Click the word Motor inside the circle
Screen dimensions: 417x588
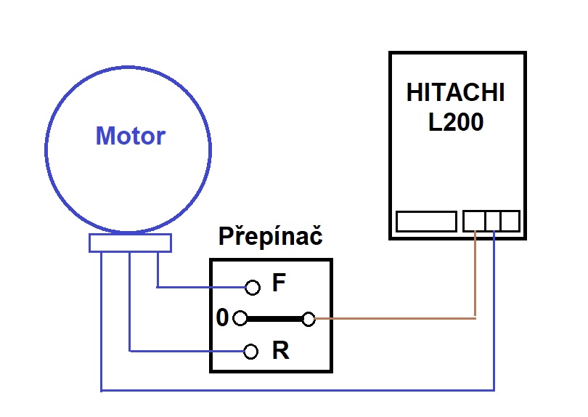pyautogui.click(x=131, y=136)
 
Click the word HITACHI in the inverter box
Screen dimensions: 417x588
pyautogui.click(x=455, y=94)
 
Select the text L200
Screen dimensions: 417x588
pyautogui.click(x=456, y=122)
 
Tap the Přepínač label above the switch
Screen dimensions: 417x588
pyautogui.click(x=271, y=238)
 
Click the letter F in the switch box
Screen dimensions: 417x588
pyautogui.click(x=278, y=284)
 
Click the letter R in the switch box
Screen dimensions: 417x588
pyautogui.click(x=280, y=352)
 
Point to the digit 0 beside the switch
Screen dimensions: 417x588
pyautogui.click(x=223, y=318)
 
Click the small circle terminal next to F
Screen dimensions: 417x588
pyautogui.click(x=252, y=288)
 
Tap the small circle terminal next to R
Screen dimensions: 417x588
pyautogui.click(x=251, y=352)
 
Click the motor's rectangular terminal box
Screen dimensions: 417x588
pyautogui.click(x=130, y=243)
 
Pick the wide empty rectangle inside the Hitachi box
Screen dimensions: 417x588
pyautogui.click(x=426, y=221)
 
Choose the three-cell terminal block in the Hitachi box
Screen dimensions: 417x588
pyautogui.click(x=491, y=221)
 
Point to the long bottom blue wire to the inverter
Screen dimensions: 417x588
pyautogui.click(x=298, y=390)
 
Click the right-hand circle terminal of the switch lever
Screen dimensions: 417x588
pyautogui.click(x=309, y=318)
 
